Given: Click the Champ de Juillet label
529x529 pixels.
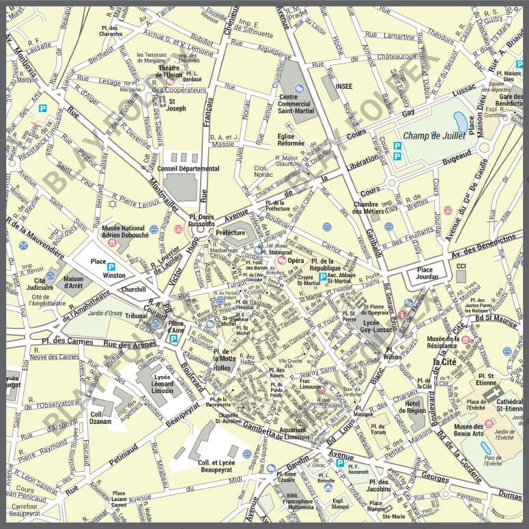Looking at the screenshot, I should pyautogui.click(x=433, y=136).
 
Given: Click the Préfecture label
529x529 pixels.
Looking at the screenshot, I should pyautogui.click(x=231, y=232).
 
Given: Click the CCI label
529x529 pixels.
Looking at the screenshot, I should pyautogui.click(x=461, y=266).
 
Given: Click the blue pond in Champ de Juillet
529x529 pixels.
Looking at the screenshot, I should pyautogui.click(x=461, y=122).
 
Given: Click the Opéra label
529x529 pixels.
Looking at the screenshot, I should pyautogui.click(x=296, y=261).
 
